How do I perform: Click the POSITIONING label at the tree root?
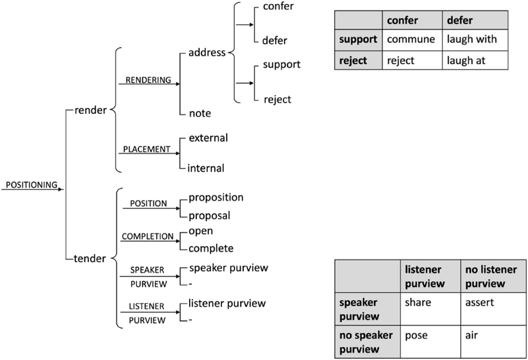[31, 185]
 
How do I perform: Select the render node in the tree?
[90, 110]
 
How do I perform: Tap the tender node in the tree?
[90, 259]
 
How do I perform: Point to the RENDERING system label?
[148, 80]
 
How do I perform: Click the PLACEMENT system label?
[146, 149]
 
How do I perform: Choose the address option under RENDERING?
[207, 52]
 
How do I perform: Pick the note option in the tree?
[200, 113]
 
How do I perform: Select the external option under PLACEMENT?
[208, 138]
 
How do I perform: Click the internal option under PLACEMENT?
[206, 168]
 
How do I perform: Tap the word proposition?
[216, 197]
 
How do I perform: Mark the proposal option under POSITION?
[209, 216]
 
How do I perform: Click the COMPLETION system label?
[148, 236]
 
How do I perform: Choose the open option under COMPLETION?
[200, 231]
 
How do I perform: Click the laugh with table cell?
[472, 39]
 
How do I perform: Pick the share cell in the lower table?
[418, 303]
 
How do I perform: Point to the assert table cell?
[479, 303]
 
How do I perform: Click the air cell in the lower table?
[472, 335]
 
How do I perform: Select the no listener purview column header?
[491, 276]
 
